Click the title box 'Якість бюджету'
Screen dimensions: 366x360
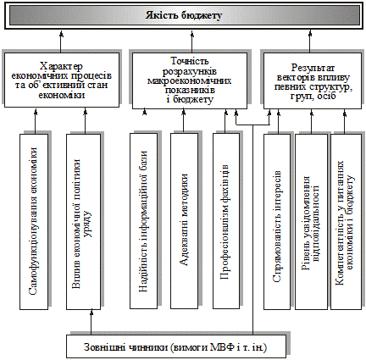click(184, 15)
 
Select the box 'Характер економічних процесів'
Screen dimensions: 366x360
click(62, 80)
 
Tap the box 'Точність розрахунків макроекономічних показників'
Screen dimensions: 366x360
click(190, 80)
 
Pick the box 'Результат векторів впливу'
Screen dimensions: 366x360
click(313, 80)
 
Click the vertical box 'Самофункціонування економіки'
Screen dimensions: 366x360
click(34, 221)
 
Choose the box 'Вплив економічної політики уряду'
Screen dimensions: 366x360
click(83, 221)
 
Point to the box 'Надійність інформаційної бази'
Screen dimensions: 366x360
click(143, 221)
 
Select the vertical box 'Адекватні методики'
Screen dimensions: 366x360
click(184, 221)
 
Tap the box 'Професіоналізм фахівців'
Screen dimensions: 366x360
click(226, 221)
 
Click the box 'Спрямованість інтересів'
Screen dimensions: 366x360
click(277, 222)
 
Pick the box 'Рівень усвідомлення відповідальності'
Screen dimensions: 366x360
click(311, 222)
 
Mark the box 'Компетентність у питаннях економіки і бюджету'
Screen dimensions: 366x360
click(346, 222)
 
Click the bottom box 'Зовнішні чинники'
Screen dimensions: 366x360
click(176, 346)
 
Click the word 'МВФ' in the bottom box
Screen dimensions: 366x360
click(220, 347)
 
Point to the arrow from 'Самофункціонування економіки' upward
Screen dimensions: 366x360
click(36, 121)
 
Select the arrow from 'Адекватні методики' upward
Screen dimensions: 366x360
click(184, 121)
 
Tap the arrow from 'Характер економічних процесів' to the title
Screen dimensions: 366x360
click(61, 42)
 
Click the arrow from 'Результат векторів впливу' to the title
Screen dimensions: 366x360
click(309, 42)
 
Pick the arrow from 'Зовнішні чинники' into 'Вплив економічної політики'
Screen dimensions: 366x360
click(91, 323)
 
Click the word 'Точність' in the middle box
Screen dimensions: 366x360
click(190, 61)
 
